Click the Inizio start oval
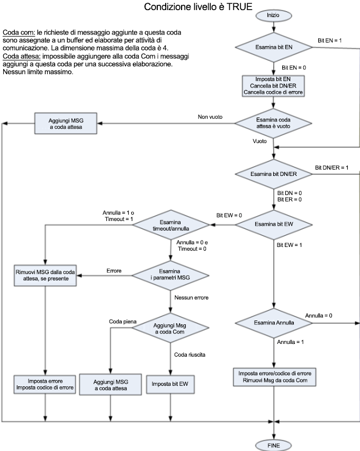coord(273,16)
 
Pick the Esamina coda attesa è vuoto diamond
coord(273,123)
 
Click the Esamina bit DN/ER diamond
coord(273,174)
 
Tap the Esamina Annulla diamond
coord(273,323)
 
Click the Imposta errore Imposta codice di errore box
coord(45,384)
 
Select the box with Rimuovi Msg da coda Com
coord(273,376)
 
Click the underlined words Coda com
coord(19,33)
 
